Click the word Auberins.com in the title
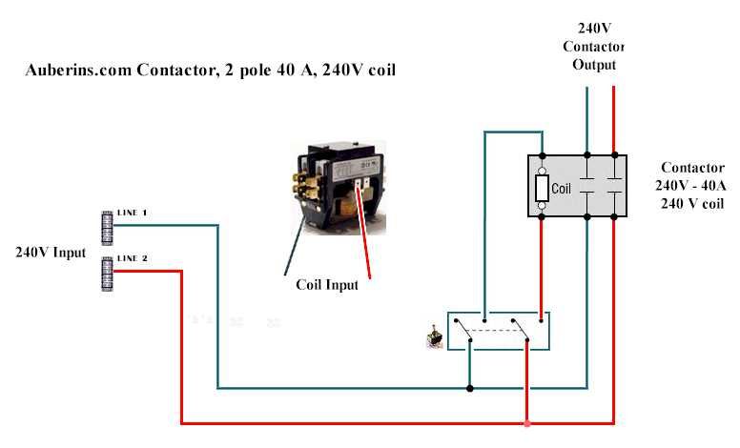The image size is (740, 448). click(x=78, y=71)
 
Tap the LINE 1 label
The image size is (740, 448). click(x=132, y=213)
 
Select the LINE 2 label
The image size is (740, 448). click(x=133, y=258)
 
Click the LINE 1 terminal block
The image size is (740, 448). click(x=108, y=228)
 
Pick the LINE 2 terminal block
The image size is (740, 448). click(x=108, y=274)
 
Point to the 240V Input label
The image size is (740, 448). click(x=51, y=253)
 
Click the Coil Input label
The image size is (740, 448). click(x=327, y=285)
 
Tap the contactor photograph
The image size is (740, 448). click(x=339, y=187)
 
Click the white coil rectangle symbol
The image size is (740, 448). click(x=542, y=188)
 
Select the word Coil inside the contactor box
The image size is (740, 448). click(x=561, y=189)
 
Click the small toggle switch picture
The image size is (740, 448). click(x=434, y=337)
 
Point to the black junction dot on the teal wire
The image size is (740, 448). click(x=469, y=389)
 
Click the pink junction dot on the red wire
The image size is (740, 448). click(x=527, y=423)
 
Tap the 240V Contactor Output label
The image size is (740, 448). click(x=594, y=46)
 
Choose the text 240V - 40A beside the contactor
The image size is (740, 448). click(x=690, y=185)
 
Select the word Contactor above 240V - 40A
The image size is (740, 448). click(x=692, y=168)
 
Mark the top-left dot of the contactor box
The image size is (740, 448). click(x=542, y=155)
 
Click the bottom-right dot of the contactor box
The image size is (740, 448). click(x=614, y=217)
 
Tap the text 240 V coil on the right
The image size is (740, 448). click(x=692, y=204)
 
